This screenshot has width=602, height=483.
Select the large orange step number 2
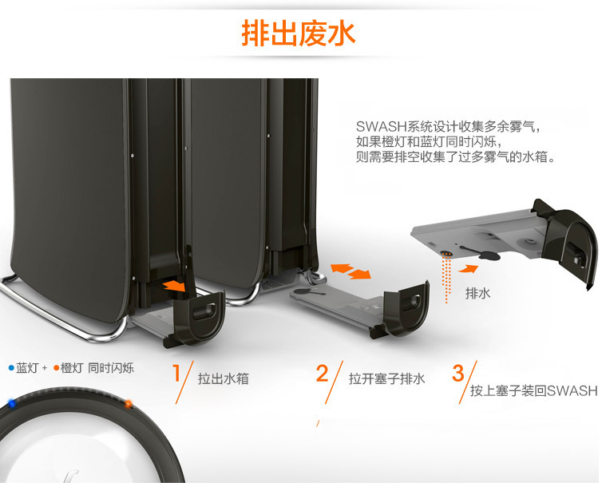(x=323, y=373)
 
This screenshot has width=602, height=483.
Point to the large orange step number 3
(x=458, y=373)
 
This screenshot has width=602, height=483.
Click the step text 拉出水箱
(x=224, y=378)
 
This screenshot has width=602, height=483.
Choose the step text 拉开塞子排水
(x=386, y=378)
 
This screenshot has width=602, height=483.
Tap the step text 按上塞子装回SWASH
(x=533, y=390)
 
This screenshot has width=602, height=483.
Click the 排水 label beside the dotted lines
(x=477, y=294)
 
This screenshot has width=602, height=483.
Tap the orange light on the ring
(x=128, y=404)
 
